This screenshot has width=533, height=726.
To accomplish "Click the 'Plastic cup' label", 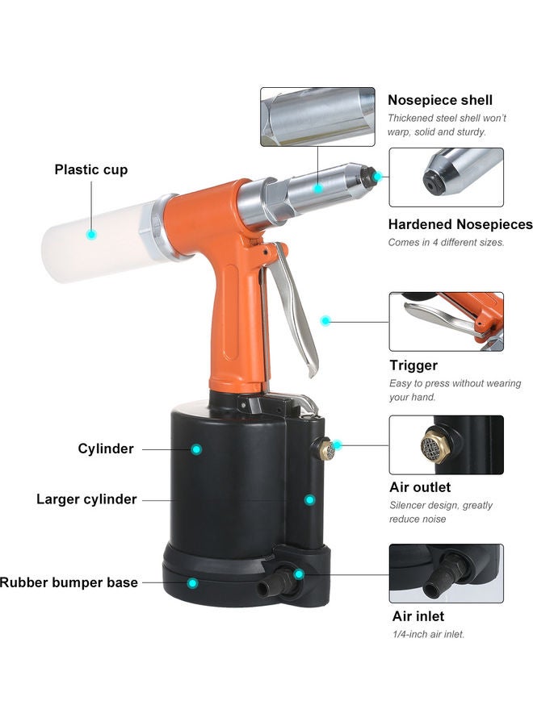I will tap(90, 170).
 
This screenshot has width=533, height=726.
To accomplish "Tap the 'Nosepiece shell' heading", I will tap(440, 100).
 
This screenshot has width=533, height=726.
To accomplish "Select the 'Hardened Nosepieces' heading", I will tap(460, 224).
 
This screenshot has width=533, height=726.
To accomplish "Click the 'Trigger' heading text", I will tap(413, 365).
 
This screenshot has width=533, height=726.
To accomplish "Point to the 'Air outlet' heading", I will tap(420, 487).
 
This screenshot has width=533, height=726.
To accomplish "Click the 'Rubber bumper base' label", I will tap(69, 582).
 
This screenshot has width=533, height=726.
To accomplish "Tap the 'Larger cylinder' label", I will tap(86, 499).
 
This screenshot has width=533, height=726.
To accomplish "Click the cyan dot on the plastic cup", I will tap(91, 234).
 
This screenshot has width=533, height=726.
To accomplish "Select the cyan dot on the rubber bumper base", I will tap(192, 582).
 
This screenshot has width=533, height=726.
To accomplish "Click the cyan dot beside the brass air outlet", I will tap(338, 444).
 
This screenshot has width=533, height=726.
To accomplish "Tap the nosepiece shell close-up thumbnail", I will tap(317, 117).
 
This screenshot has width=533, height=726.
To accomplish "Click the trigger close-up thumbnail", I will tap(446, 321).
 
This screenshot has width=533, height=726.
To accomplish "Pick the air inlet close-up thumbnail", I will tap(446, 573).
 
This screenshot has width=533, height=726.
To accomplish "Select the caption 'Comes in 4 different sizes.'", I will tap(446, 242).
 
